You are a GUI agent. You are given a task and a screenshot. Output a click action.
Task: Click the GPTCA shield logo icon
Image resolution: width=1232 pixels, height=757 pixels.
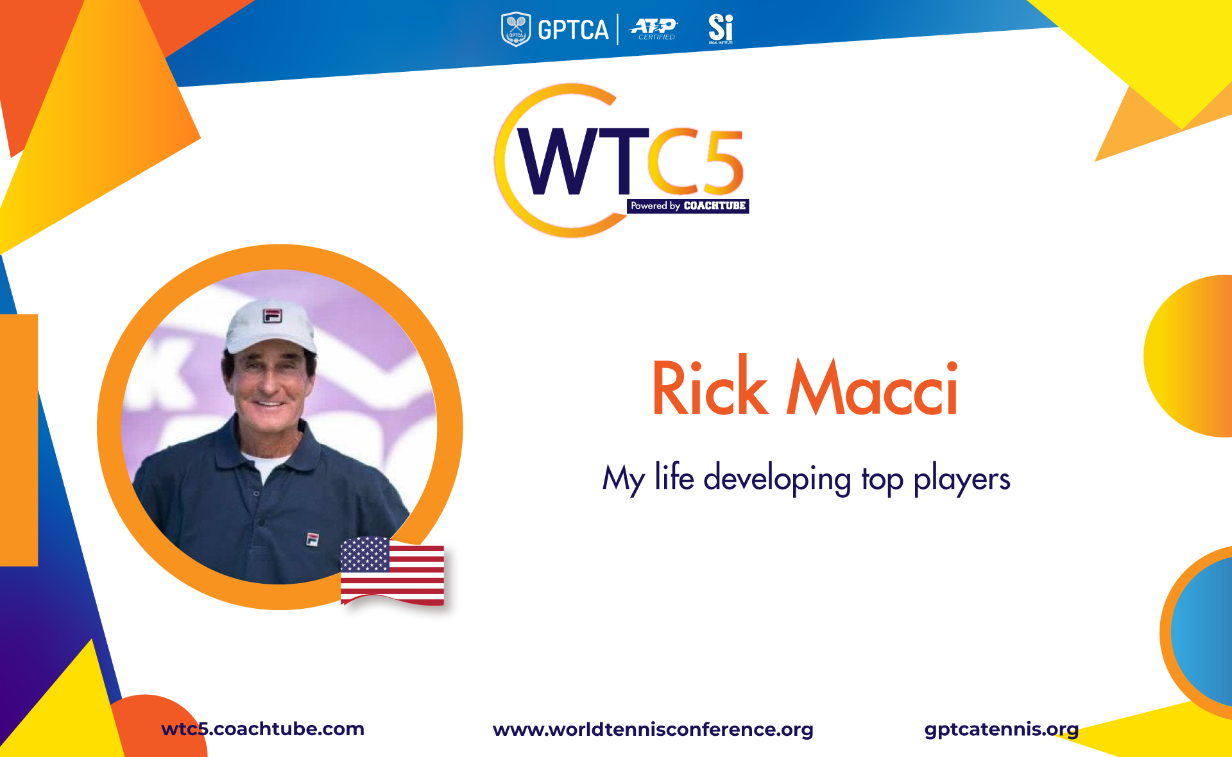pos(516,30)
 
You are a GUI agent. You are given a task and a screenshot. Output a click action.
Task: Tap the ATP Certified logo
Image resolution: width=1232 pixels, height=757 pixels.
pos(654,29)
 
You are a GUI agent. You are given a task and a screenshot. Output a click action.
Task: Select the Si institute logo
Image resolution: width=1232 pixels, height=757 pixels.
pos(721,29)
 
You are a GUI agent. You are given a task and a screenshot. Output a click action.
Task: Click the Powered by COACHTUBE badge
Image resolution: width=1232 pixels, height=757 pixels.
pos(688,206)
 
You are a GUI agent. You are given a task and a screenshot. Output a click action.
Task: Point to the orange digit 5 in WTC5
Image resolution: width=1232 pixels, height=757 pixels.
pos(721,161)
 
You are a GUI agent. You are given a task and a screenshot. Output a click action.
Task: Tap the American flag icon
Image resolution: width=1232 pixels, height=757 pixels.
pos(392,571)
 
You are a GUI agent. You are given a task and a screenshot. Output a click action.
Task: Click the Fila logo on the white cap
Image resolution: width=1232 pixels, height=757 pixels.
pos(273,315)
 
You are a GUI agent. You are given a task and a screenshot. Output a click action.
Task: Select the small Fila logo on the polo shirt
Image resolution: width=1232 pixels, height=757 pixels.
pos(312,540)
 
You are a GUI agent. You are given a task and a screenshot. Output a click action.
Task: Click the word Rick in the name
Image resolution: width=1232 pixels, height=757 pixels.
pos(710,386)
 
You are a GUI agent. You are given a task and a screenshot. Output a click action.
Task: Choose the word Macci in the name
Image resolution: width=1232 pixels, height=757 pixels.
pos(873,387)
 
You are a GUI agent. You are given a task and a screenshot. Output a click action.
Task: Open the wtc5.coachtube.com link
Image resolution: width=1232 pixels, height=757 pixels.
pos(262,729)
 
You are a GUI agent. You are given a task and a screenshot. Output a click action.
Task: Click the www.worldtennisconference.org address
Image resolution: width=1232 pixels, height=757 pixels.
pos(653,729)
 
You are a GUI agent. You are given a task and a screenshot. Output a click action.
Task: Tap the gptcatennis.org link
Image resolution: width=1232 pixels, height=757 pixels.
pos(1001,729)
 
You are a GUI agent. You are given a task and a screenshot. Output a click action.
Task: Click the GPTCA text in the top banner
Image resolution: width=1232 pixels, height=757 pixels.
pos(573,30)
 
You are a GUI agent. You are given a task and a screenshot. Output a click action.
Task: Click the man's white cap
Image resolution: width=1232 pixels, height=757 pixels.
pos(270,326)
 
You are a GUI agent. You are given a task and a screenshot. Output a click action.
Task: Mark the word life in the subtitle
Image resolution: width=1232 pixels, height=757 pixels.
pos(674,476)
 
